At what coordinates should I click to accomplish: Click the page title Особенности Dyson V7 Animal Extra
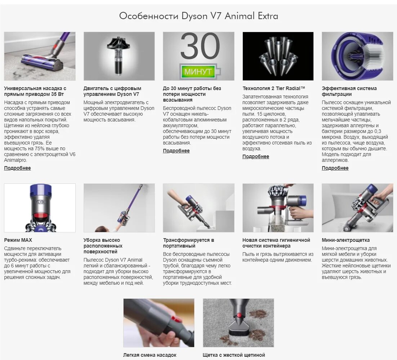(x=198, y=16)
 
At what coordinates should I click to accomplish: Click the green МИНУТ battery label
(x=198, y=71)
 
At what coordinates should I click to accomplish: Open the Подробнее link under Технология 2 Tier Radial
(x=256, y=156)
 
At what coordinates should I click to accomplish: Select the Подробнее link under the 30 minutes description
(x=176, y=151)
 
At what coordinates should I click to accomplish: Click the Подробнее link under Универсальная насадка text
(x=18, y=168)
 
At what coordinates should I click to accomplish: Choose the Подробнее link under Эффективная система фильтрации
(x=335, y=168)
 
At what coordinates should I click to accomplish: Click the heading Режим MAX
(x=18, y=240)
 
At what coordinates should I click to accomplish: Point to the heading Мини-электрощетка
(x=345, y=240)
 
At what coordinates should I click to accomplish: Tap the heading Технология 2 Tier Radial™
(x=274, y=88)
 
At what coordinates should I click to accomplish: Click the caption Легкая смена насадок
(x=150, y=355)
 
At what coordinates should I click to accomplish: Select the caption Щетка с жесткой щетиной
(x=234, y=355)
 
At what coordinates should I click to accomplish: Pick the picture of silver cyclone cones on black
(x=278, y=56)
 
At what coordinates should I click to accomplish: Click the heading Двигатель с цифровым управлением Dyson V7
(x=112, y=91)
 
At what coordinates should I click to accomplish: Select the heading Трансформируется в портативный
(x=188, y=243)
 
